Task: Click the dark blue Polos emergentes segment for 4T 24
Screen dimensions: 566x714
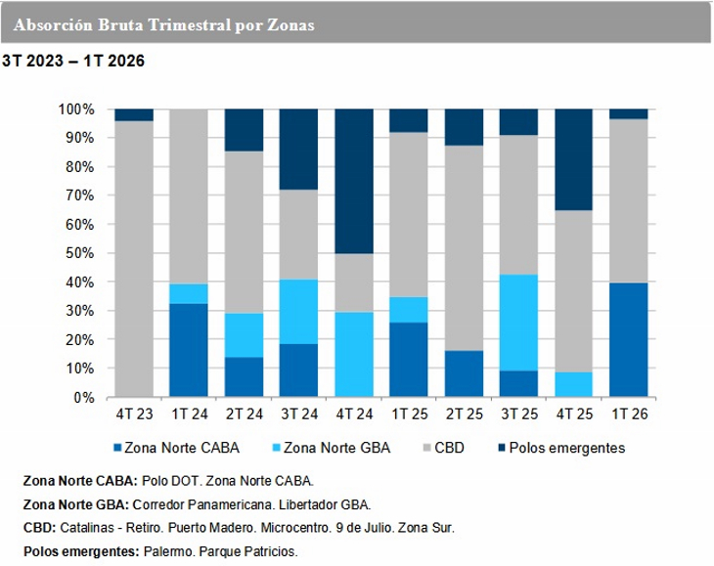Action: pos(354,181)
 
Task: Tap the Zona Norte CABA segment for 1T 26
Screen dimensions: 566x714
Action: pos(629,340)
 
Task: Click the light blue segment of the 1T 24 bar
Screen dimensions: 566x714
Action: pos(189,294)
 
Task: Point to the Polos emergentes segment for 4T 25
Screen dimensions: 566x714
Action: pos(574,159)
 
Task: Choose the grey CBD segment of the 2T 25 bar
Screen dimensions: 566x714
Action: pos(465,248)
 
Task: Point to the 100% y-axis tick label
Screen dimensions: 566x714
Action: pos(75,109)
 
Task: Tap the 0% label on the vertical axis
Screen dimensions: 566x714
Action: pos(82,398)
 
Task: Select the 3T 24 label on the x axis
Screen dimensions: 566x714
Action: pos(299,415)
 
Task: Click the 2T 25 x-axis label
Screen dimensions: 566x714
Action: pos(465,415)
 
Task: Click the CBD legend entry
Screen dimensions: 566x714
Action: pos(452,449)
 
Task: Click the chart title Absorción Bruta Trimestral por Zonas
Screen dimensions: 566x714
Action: pos(166,24)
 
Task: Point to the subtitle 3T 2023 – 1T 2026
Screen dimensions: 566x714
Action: pos(73,62)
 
